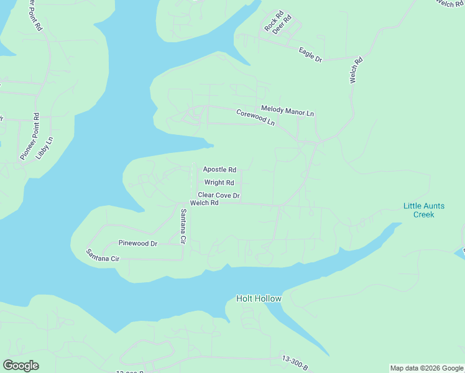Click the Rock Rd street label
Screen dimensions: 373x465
(x=273, y=21)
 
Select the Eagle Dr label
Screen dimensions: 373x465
(x=310, y=55)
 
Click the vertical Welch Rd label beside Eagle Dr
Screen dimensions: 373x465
(x=356, y=71)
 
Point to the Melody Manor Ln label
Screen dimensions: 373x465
(x=287, y=111)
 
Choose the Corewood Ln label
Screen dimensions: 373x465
(x=255, y=117)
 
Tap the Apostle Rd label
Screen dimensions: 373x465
(x=219, y=169)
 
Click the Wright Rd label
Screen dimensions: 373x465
(x=219, y=183)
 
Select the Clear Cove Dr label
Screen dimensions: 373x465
(x=219, y=195)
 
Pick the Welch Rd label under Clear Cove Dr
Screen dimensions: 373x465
(x=205, y=203)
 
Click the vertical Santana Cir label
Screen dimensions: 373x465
(x=183, y=226)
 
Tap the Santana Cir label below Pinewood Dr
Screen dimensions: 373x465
(x=102, y=255)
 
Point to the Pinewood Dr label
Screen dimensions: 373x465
(x=138, y=243)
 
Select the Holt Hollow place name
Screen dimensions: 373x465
(x=259, y=299)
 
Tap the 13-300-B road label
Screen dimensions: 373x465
(x=295, y=363)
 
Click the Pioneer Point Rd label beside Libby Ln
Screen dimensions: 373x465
(x=29, y=136)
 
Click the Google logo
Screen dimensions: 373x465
(x=21, y=366)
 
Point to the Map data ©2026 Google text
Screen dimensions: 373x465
(x=426, y=368)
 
